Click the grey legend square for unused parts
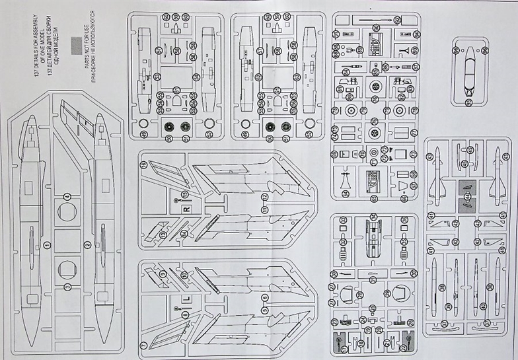pos(77,45)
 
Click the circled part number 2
pos(88,245)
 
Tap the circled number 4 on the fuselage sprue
pos(67,196)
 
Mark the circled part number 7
pos(144,346)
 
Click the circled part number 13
pos(163,235)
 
